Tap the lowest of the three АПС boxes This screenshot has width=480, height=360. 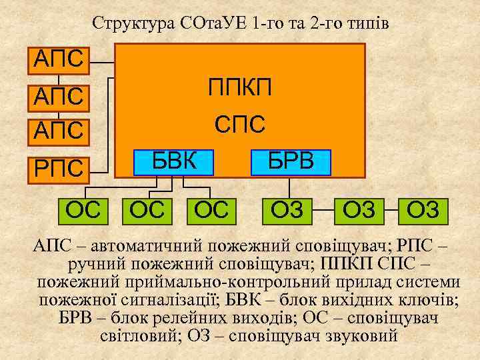59,129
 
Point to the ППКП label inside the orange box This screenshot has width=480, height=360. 240,87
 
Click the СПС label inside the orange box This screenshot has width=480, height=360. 240,124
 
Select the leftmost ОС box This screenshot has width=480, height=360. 85,210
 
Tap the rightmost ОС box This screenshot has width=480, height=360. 211,210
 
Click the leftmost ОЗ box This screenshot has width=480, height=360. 288,210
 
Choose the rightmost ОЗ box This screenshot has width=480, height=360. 423,210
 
